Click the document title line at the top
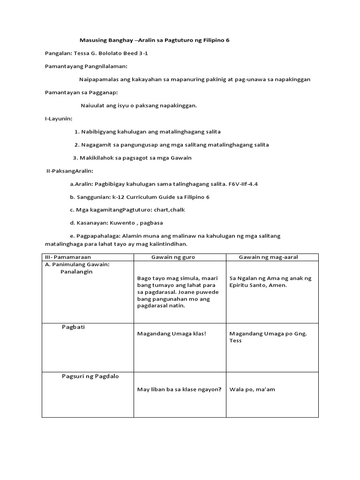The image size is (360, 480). (153, 40)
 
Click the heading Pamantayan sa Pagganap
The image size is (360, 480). (81, 92)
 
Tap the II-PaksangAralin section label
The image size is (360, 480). (70, 171)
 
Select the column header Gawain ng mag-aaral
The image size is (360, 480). (269, 257)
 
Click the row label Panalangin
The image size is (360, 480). (76, 271)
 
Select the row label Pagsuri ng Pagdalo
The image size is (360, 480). (90, 376)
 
